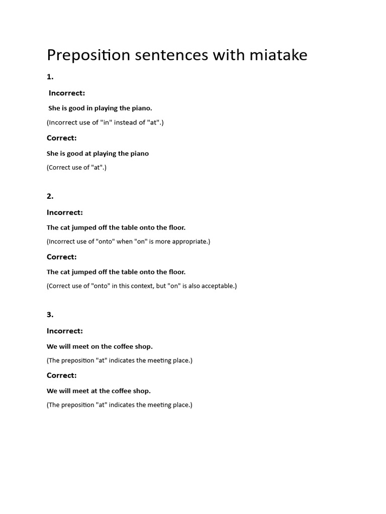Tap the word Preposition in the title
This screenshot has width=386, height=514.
pyautogui.click(x=88, y=55)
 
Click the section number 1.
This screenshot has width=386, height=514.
pyautogui.click(x=50, y=77)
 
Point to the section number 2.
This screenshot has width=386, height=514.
pyautogui.click(x=50, y=196)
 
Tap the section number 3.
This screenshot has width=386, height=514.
pyautogui.click(x=50, y=315)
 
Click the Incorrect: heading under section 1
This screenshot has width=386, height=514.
pyautogui.click(x=67, y=93)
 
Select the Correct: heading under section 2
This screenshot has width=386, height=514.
pyautogui.click(x=62, y=256)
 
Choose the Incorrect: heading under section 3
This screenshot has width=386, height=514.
pyautogui.click(x=65, y=331)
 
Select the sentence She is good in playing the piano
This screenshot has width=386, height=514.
pyautogui.click(x=100, y=108)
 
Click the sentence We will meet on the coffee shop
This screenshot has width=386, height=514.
pyautogui.click(x=100, y=346)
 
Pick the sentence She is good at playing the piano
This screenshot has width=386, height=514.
pyautogui.click(x=98, y=154)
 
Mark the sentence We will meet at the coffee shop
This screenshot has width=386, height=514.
pyautogui.click(x=99, y=391)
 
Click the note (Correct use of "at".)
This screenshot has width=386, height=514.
pyautogui.click(x=76, y=168)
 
